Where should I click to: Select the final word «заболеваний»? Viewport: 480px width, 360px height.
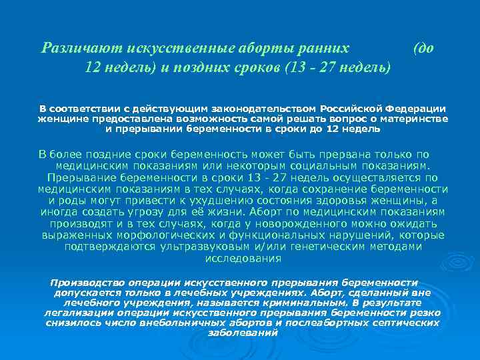pyautogui.click(x=243, y=333)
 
